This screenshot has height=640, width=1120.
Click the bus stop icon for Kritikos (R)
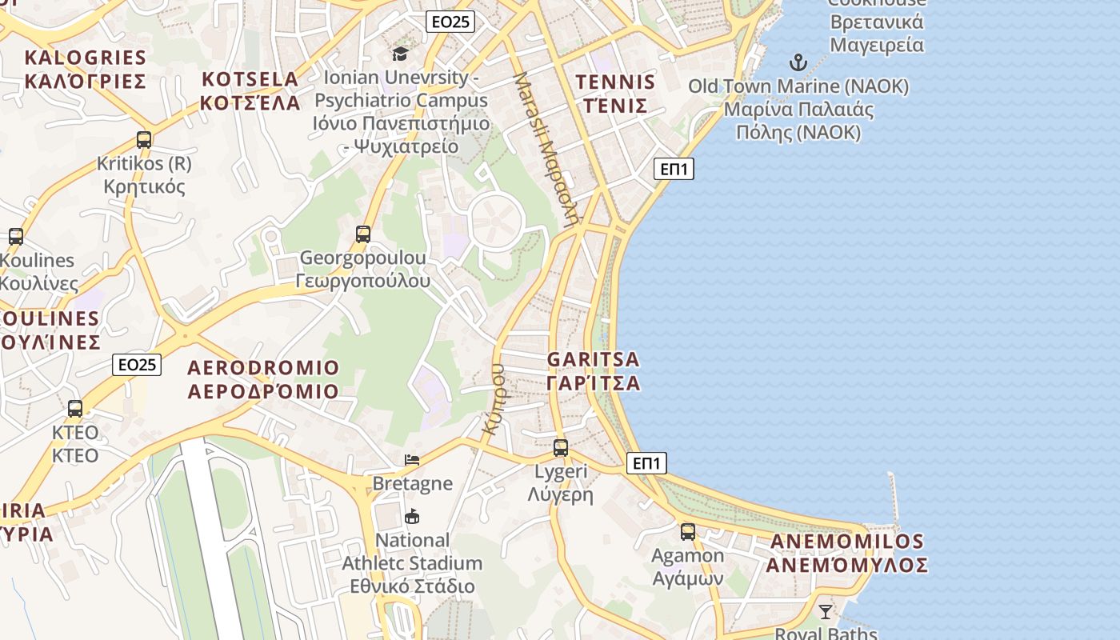tap(144, 140)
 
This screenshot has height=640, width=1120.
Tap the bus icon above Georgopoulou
tap(363, 234)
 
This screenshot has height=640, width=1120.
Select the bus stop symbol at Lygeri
tap(561, 448)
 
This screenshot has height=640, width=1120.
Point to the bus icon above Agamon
tap(687, 532)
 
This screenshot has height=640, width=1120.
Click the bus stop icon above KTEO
tap(75, 409)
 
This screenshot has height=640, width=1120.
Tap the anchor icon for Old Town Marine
tap(798, 62)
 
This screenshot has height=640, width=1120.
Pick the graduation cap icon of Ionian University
tap(399, 54)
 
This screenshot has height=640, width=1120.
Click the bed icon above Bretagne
tap(412, 460)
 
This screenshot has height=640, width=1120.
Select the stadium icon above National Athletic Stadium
tap(412, 516)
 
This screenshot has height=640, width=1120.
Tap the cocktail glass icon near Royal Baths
tap(825, 612)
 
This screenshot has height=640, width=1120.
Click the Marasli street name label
tap(545, 150)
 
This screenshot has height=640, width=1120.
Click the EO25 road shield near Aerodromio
tap(137, 365)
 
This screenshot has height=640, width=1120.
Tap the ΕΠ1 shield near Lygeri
tap(646, 463)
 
